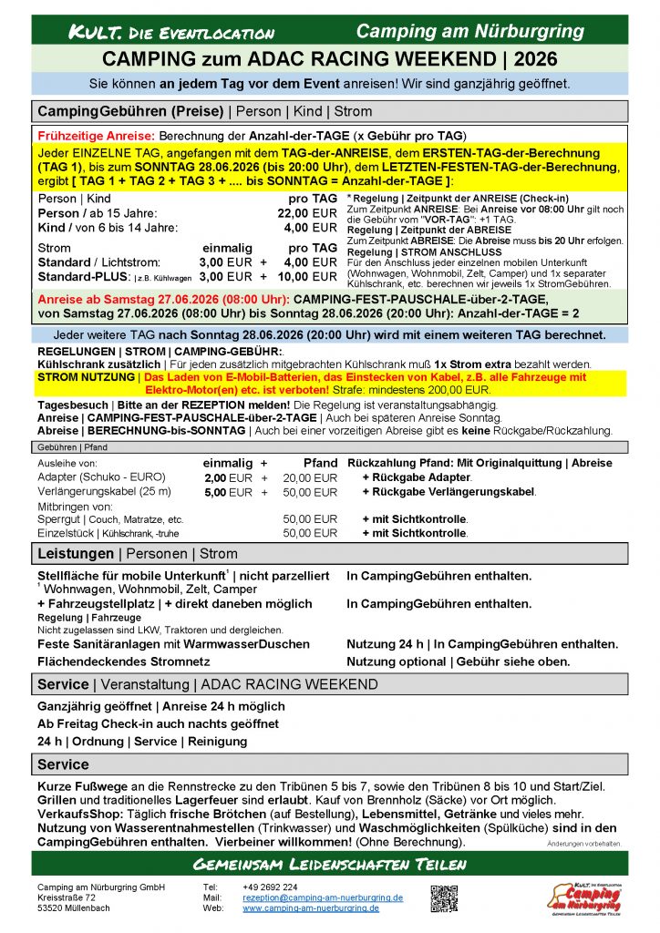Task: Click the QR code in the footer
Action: tap(444, 898)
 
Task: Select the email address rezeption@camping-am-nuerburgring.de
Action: tap(323, 897)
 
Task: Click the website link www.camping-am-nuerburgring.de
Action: tap(311, 908)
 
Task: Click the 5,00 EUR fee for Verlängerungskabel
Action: tap(227, 492)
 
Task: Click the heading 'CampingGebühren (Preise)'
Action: tap(130, 111)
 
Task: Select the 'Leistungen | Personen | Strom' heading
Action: tap(137, 554)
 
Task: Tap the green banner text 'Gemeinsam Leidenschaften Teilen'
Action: tap(329, 864)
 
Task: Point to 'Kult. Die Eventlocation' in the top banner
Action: tap(173, 34)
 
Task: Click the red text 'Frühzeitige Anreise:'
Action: tap(89, 133)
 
